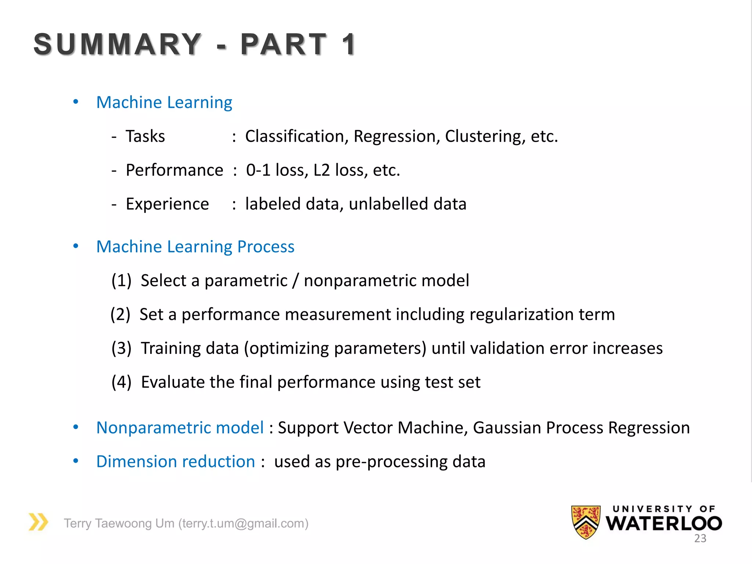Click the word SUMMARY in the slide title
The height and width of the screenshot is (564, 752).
(x=117, y=44)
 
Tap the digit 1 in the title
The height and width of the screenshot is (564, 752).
(x=348, y=44)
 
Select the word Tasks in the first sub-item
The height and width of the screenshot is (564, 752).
(x=145, y=136)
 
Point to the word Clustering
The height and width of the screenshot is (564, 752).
(x=485, y=136)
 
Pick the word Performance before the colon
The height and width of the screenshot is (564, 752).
(x=174, y=170)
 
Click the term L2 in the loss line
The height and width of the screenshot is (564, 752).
(x=322, y=170)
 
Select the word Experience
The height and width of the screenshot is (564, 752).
(x=167, y=204)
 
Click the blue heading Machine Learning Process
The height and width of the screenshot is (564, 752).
(x=195, y=246)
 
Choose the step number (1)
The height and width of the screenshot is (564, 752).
(x=121, y=281)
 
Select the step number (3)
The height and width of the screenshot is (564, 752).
(x=121, y=348)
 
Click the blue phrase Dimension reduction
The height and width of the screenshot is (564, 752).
(x=176, y=462)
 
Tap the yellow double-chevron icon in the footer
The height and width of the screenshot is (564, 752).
(x=39, y=522)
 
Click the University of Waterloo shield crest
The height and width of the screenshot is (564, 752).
(x=586, y=522)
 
